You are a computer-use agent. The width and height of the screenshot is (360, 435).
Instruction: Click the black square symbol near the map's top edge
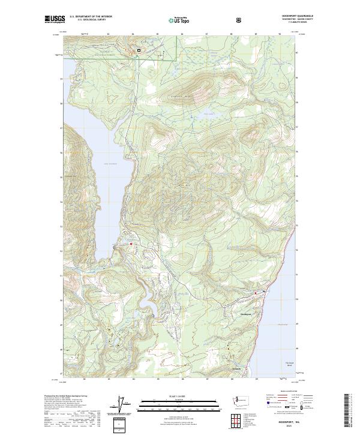click(139, 51)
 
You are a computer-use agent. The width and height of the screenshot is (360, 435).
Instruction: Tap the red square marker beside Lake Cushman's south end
click(131, 243)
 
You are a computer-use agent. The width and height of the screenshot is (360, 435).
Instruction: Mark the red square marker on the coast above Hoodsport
click(256, 292)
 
